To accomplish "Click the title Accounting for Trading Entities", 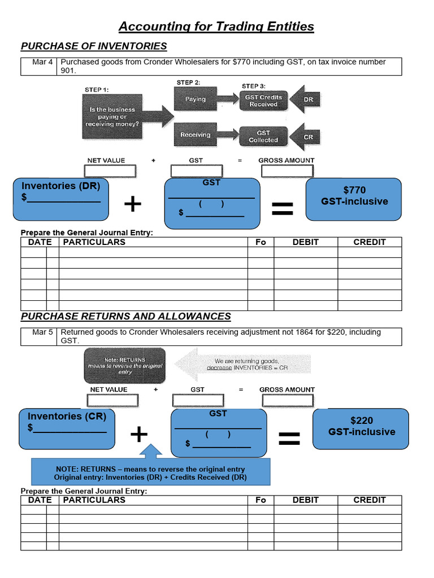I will (216, 27).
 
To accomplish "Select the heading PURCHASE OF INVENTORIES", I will (94, 46).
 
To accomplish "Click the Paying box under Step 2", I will (196, 99).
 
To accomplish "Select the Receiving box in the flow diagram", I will (196, 135).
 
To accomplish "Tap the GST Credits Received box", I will (263, 100).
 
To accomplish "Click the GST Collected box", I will (263, 137).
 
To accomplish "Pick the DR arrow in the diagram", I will (307, 100).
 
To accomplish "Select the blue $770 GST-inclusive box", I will (354, 199).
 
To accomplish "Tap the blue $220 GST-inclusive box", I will (361, 428).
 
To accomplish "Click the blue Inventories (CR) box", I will (67, 428).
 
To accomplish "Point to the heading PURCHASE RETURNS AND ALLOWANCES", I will (126, 317).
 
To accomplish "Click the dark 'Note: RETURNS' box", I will (125, 366).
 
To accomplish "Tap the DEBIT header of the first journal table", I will (306, 242).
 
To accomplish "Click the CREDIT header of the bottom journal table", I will (370, 500).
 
